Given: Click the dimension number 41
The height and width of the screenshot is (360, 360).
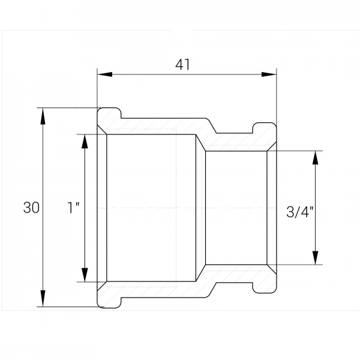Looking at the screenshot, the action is tap(182, 65).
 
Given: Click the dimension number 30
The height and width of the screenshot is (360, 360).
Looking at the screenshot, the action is tap(31, 208).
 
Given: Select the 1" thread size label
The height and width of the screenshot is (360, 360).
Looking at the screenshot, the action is tap(73, 208).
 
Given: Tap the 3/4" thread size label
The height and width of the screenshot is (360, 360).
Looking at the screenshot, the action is tap(300, 212).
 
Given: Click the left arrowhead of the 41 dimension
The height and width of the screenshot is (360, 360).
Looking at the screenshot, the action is tap(104, 74).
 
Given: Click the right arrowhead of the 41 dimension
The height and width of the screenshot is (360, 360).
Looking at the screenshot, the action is tap(269, 74).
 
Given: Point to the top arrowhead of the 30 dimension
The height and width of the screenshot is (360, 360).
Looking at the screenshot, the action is tap(43, 116).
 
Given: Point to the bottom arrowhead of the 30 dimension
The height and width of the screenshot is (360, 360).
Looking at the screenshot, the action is tap(43, 298).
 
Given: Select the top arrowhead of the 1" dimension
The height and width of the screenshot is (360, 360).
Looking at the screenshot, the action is tap(85, 142).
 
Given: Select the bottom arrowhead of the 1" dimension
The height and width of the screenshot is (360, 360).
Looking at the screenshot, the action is tap(85, 275).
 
